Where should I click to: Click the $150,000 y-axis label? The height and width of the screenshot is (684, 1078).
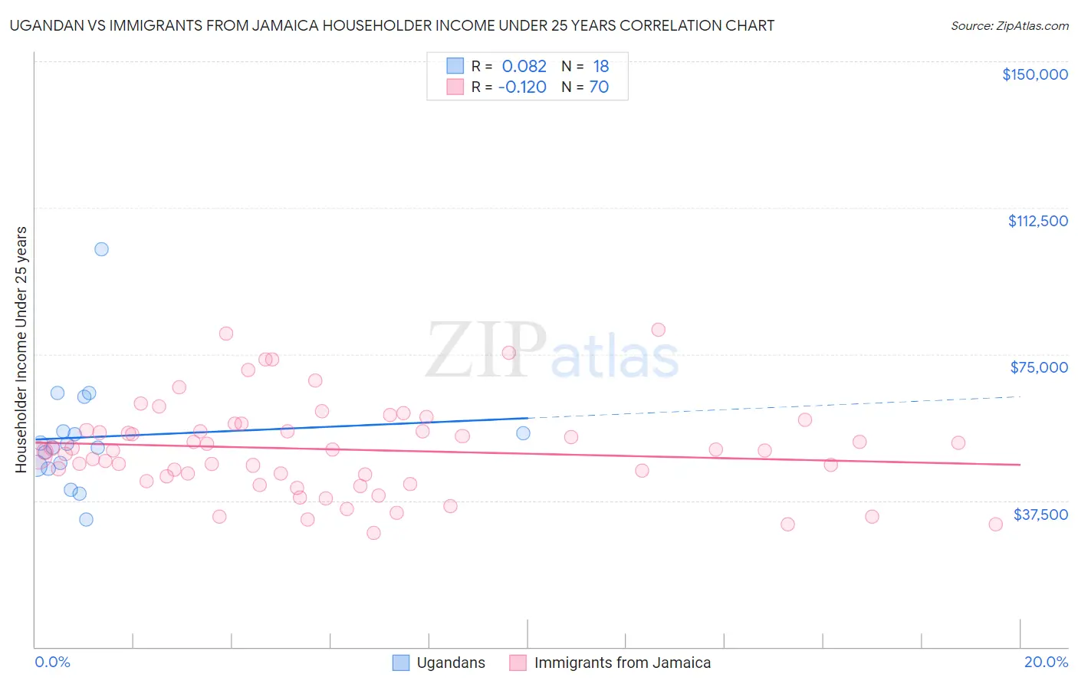pos(1034,74)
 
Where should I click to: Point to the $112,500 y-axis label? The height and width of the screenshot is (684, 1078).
pos(1037,221)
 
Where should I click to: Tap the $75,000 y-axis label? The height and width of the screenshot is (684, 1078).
pos(1039,367)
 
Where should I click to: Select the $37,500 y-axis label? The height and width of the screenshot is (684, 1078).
pos(1040,515)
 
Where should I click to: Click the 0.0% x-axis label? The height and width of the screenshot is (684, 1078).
pos(52,662)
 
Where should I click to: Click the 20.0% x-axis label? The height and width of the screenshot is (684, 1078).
pos(1046,662)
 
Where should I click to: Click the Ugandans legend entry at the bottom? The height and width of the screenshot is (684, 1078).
pos(450,663)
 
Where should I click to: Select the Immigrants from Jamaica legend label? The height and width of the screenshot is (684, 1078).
pos(622,663)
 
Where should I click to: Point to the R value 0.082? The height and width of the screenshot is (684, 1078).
pos(524,67)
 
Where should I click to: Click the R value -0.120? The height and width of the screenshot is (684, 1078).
pos(521,87)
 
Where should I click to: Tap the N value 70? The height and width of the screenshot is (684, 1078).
pos(599,87)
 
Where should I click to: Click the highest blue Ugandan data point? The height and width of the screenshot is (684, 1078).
pos(101,249)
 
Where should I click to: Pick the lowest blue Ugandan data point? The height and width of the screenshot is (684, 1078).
pos(87,519)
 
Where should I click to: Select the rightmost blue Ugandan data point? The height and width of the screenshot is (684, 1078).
pos(523,433)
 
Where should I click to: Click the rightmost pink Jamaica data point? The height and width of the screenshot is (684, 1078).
pos(995,525)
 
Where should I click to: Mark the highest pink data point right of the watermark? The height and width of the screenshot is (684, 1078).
pos(658,330)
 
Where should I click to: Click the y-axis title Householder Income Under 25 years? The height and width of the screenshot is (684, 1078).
pos(21,349)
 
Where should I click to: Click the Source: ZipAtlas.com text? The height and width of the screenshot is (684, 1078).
pos(1009,26)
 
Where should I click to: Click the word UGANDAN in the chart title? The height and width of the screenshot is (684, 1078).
pos(44,26)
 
